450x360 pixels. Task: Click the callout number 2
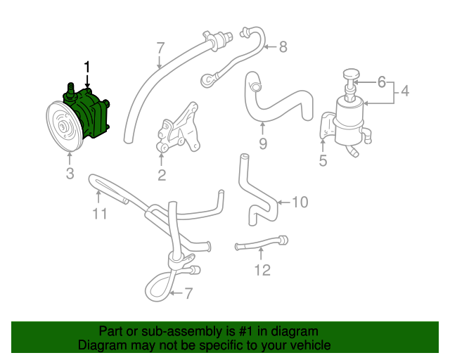pos(162,175)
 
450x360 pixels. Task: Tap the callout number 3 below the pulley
pos(70,174)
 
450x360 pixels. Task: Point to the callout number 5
pos(323,161)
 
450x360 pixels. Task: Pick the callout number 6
pos(382,82)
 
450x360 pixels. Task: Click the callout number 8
pos(283,47)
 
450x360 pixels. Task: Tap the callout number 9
pos(262,146)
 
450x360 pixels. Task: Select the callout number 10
pos(300,202)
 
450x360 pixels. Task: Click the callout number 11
pos(100,213)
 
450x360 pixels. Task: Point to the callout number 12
pos(262,269)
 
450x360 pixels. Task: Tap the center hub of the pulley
pos(63,127)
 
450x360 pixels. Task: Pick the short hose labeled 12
pos(262,244)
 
